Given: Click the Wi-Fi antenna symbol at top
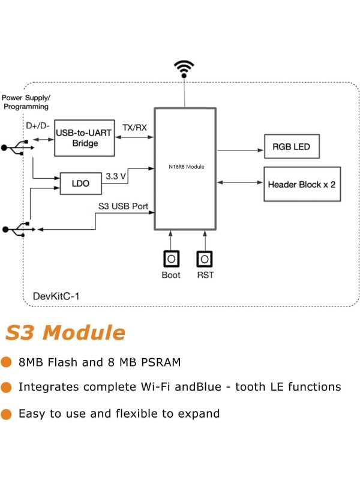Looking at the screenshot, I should [184, 68].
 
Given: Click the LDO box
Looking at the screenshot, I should [81, 184].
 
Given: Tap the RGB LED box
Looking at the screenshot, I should [292, 146].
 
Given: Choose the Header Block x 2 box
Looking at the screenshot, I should [302, 184].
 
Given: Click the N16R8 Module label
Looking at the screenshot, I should [185, 166].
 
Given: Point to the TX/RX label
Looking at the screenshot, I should [134, 128].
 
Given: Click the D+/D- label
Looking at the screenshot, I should [38, 125].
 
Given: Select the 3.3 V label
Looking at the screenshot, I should [115, 177].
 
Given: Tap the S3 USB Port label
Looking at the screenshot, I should [123, 206].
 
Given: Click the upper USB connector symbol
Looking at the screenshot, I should [13, 148].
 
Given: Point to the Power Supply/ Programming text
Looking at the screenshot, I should [26, 102].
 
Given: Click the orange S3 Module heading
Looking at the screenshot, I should [65, 332].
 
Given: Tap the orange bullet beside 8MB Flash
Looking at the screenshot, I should [7, 362].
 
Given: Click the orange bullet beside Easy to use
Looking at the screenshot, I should [7, 413].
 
